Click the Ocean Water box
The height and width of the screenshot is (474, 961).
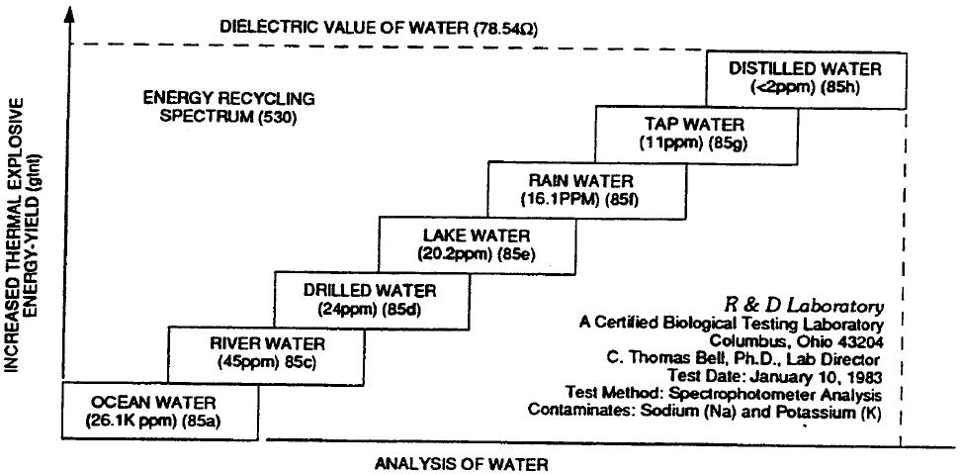[x=162, y=411]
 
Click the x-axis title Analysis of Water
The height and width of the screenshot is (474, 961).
[x=461, y=462]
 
